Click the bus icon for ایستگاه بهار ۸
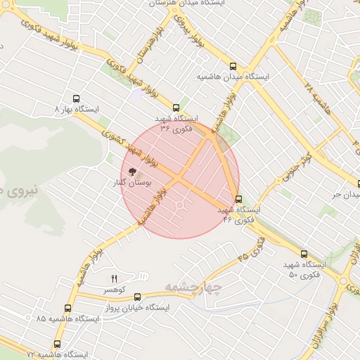click(76, 100)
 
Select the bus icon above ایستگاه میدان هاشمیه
click(233, 66)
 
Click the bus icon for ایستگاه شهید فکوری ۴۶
click(238, 199)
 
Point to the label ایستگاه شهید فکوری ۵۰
click(304, 269)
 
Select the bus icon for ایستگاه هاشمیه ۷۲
click(57, 344)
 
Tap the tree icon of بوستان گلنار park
click(131, 171)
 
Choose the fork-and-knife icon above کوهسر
click(114, 279)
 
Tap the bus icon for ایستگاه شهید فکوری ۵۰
click(304, 254)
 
